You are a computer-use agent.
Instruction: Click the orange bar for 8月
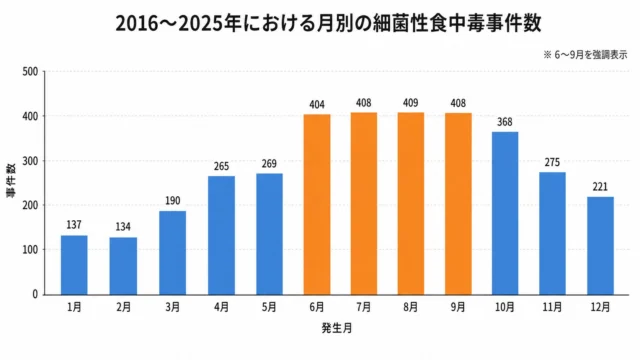tap(411, 203)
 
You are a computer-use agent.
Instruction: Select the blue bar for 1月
tap(74, 265)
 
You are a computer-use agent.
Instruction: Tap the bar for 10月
tap(505, 213)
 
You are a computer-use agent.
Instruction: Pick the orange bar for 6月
tap(317, 204)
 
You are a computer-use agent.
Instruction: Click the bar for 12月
tap(600, 246)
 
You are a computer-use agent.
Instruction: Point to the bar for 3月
tap(172, 253)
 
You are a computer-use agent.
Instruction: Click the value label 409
tap(411, 103)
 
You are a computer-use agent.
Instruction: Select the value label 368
tap(505, 122)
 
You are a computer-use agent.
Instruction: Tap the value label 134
tap(123, 227)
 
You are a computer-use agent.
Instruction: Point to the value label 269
tap(269, 164)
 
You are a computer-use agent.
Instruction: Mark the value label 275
tap(552, 162)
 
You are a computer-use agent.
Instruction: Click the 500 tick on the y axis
tap(30, 72)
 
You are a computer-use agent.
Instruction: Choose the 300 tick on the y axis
tap(30, 161)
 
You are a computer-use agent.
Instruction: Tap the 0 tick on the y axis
tap(35, 294)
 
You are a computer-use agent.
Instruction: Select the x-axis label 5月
tap(269, 307)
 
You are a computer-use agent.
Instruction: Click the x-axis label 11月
tap(552, 307)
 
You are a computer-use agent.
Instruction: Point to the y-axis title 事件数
tap(11, 181)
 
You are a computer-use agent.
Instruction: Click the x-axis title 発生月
tap(337, 328)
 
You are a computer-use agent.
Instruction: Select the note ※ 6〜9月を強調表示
tap(585, 55)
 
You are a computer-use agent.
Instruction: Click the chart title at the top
tap(329, 23)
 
